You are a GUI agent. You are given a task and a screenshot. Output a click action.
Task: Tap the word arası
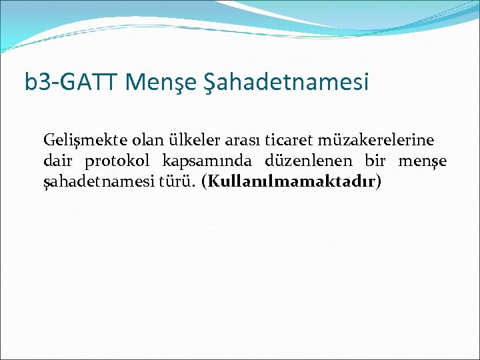tap(239, 141)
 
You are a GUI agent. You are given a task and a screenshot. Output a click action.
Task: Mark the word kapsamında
tap(206, 161)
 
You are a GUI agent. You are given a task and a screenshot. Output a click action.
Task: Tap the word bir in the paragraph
tap(375, 161)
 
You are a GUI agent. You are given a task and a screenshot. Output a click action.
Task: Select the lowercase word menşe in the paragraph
tap(422, 162)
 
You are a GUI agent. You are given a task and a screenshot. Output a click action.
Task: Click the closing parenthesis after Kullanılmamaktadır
tap(379, 182)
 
